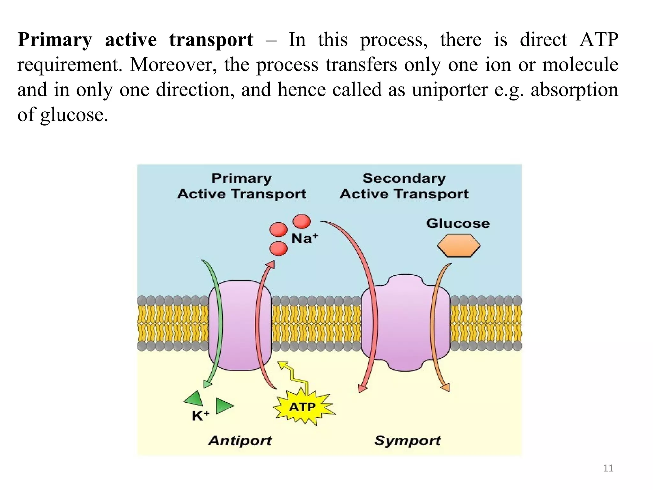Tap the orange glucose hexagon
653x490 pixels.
pyautogui.click(x=459, y=246)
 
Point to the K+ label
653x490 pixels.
pyautogui.click(x=201, y=416)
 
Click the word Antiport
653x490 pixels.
pyautogui.click(x=240, y=441)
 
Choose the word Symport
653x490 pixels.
pyautogui.click(x=407, y=441)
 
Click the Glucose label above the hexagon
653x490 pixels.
pyautogui.click(x=458, y=223)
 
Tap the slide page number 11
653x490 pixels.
pyautogui.click(x=608, y=468)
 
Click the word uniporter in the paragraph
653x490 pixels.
pyautogui.click(x=450, y=90)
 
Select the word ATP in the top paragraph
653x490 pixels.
pyautogui.click(x=599, y=40)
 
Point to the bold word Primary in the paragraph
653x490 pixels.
pyautogui.click(x=55, y=40)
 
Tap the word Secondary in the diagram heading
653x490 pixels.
pyautogui.click(x=404, y=178)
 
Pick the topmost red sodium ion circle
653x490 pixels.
pyautogui.click(x=302, y=221)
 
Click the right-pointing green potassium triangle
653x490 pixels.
pyautogui.click(x=224, y=405)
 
